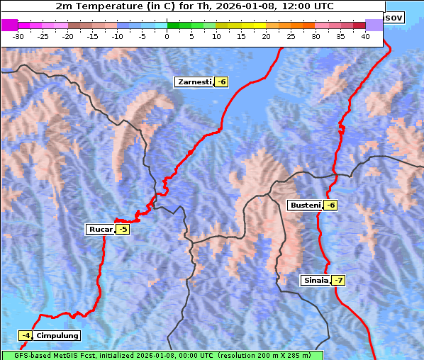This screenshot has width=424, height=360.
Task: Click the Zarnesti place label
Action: coord(194,82)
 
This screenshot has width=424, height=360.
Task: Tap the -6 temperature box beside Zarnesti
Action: coord(221,82)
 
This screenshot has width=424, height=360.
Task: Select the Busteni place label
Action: coord(305,206)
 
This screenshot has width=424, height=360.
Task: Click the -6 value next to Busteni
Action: coord(330,206)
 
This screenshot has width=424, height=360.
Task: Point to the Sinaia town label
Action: coord(316,280)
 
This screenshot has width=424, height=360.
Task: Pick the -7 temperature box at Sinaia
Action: coord(338,280)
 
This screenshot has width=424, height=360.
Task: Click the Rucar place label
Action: coord(100,229)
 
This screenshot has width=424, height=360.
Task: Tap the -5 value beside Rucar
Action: coord(123,229)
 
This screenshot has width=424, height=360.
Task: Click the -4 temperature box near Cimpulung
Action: coord(26,335)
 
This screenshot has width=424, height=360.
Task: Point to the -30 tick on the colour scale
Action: coord(18,36)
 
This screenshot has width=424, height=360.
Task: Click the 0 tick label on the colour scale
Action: coord(167,36)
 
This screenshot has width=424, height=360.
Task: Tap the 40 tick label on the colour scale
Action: coord(365,36)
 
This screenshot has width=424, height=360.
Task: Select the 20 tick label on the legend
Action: coord(266,36)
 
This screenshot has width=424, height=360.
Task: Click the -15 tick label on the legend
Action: coord(93,36)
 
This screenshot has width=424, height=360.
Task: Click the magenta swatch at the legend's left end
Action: coord(10,25)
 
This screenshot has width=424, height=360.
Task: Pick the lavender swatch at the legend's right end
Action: coord(374,25)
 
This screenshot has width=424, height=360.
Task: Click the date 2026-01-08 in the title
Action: coord(264,6)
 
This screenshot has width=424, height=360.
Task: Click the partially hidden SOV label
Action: coord(394,17)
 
